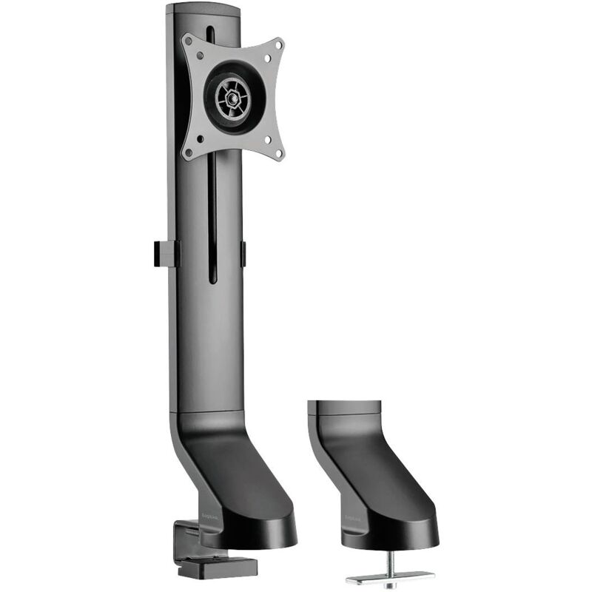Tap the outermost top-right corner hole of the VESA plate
coord(278,45)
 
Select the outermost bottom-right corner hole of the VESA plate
coord(279,153)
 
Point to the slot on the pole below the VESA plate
coord(212,222)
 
